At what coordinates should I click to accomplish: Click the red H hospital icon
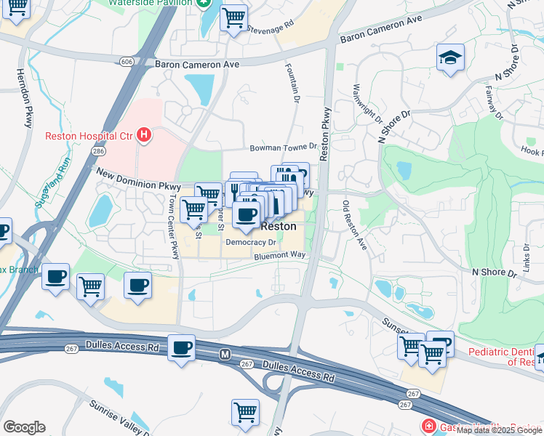click(145, 134)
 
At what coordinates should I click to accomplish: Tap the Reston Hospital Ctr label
click(89, 136)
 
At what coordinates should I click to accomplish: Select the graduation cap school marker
click(450, 58)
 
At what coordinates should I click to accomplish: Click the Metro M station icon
click(225, 353)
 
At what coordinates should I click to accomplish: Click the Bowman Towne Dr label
click(284, 148)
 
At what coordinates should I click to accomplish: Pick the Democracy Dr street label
click(251, 243)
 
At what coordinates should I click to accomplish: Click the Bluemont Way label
click(281, 256)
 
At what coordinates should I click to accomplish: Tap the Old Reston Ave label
click(354, 226)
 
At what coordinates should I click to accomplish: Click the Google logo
click(24, 427)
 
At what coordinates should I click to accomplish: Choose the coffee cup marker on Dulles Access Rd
click(182, 347)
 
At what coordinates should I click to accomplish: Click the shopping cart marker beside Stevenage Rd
click(233, 17)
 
